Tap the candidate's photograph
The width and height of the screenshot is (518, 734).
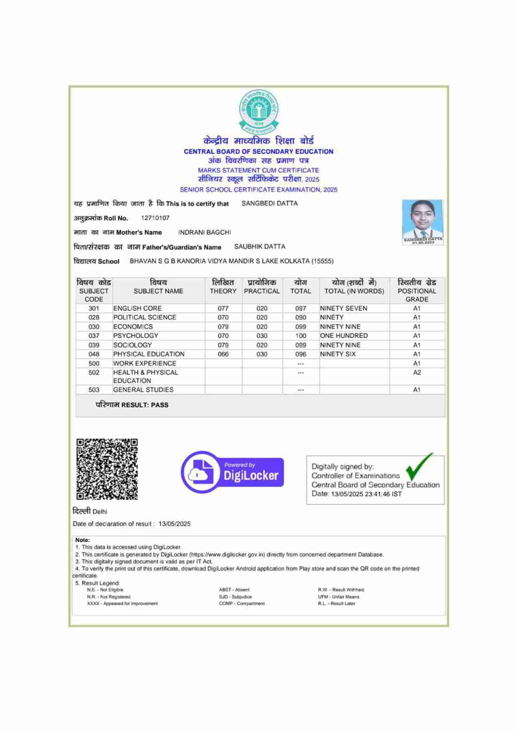(x=422, y=222)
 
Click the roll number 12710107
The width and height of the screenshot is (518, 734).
(x=155, y=218)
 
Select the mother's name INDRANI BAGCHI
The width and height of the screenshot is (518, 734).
(x=204, y=232)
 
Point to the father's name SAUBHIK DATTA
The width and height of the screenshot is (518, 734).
(x=259, y=247)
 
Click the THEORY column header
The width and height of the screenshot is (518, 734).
(x=223, y=287)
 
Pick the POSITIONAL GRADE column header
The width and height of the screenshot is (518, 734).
(x=416, y=291)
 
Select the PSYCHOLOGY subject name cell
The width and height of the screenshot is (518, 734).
(x=136, y=336)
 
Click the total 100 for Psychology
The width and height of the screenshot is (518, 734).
(x=300, y=336)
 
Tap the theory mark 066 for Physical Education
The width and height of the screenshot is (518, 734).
(x=223, y=354)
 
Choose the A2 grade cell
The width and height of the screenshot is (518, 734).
(x=416, y=373)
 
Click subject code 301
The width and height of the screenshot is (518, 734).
(x=94, y=308)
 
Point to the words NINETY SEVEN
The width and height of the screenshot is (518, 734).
(x=343, y=308)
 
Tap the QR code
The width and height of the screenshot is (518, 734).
(x=107, y=469)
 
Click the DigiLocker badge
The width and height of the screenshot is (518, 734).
(x=233, y=472)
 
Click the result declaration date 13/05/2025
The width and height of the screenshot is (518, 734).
(x=174, y=524)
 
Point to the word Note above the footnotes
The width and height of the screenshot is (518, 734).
(x=82, y=540)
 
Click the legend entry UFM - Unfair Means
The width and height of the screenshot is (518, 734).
(x=338, y=597)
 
